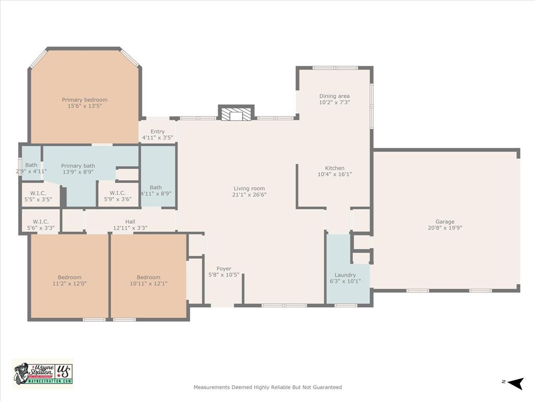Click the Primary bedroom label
[x=85, y=100]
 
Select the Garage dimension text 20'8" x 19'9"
[x=445, y=228]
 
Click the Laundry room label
[x=345, y=275]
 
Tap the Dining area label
[x=334, y=96]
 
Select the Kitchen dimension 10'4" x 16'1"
[x=334, y=174]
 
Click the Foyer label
[x=224, y=269]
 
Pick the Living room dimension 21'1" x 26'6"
[x=249, y=195]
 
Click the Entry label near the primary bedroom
[x=157, y=132]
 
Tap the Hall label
[x=130, y=222]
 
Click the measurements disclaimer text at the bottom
[x=267, y=387]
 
